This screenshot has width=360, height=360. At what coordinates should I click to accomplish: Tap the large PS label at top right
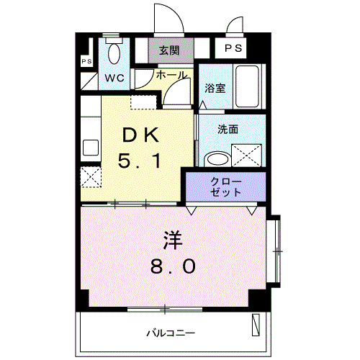(233, 49)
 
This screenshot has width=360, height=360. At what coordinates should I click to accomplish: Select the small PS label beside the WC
(86, 62)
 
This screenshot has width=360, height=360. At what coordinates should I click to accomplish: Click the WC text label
(115, 77)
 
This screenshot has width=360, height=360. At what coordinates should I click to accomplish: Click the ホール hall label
(171, 75)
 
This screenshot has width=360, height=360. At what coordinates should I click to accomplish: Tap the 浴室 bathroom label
(215, 89)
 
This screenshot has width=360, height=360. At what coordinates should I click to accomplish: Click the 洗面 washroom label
(229, 130)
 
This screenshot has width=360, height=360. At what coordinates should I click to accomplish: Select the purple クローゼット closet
(226, 186)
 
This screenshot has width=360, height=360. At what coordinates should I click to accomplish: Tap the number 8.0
(173, 266)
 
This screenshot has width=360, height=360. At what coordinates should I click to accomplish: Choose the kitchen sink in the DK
(90, 147)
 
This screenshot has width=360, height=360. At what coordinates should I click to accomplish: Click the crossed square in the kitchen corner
(90, 176)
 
